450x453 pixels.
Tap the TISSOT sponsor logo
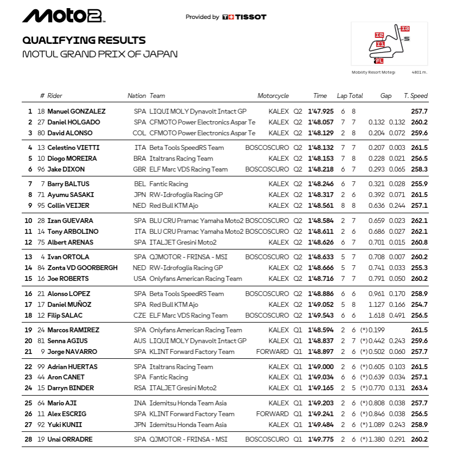pos(245,17)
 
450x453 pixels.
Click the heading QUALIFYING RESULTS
pos(83,41)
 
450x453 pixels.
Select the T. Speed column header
pos(416,96)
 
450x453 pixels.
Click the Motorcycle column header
pos(273,96)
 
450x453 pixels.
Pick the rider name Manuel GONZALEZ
pos(76,111)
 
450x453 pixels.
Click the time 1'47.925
pos(320,111)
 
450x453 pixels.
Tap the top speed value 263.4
pos(419,388)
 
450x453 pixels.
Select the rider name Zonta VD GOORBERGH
pos(82,268)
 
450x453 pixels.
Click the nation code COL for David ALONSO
pos(139,133)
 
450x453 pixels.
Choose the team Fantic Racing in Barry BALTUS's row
pos(169,184)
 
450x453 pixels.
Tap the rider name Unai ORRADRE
pos(70,439)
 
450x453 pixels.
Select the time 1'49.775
pos(320,439)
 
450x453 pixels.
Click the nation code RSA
pos(139,388)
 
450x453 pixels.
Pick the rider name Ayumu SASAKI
pos(70,195)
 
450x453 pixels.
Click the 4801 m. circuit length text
pos(419,72)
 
